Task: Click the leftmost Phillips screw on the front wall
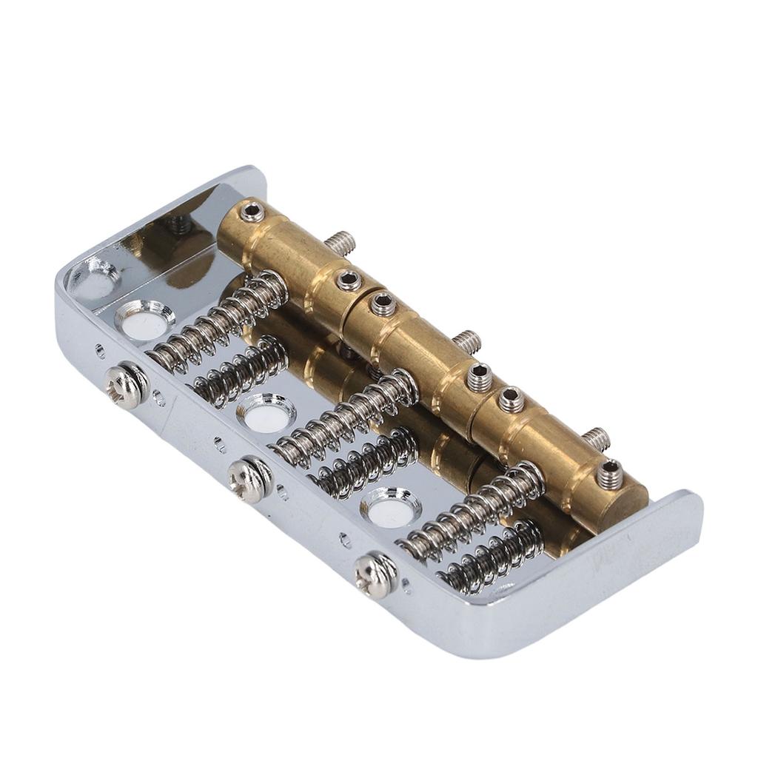click(x=124, y=386)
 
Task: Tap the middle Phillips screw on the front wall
click(x=249, y=480)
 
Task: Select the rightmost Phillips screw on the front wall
click(x=375, y=574)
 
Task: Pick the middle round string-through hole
click(x=266, y=415)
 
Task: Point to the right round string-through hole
click(x=390, y=507)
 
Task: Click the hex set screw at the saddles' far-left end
click(x=252, y=213)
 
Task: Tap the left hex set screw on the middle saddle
click(x=383, y=303)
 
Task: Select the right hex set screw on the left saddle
click(x=347, y=280)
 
